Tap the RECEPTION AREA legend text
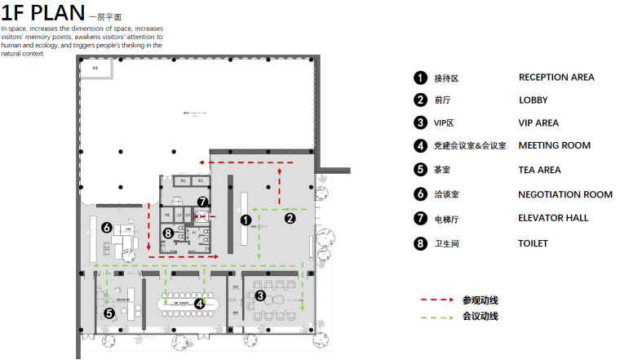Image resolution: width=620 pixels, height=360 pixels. (556, 78)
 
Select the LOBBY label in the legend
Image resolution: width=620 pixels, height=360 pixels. (533, 100)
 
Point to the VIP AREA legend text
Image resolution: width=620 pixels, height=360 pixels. (538, 123)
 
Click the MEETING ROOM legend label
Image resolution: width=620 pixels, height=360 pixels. (554, 146)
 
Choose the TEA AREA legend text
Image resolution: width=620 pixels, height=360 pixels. (539, 171)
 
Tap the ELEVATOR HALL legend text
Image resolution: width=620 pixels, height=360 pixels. (553, 218)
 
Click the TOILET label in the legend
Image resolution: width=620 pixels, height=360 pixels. (533, 243)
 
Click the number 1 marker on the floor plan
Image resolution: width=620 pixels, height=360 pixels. (245, 219)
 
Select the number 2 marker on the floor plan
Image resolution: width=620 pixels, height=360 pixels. (289, 218)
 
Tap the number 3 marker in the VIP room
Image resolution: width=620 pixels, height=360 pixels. (260, 295)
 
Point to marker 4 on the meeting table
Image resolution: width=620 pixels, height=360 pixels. (199, 303)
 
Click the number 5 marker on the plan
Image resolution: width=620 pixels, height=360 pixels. (109, 313)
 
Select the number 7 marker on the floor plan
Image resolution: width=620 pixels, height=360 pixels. (202, 202)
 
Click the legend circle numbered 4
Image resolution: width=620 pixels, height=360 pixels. (420, 147)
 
